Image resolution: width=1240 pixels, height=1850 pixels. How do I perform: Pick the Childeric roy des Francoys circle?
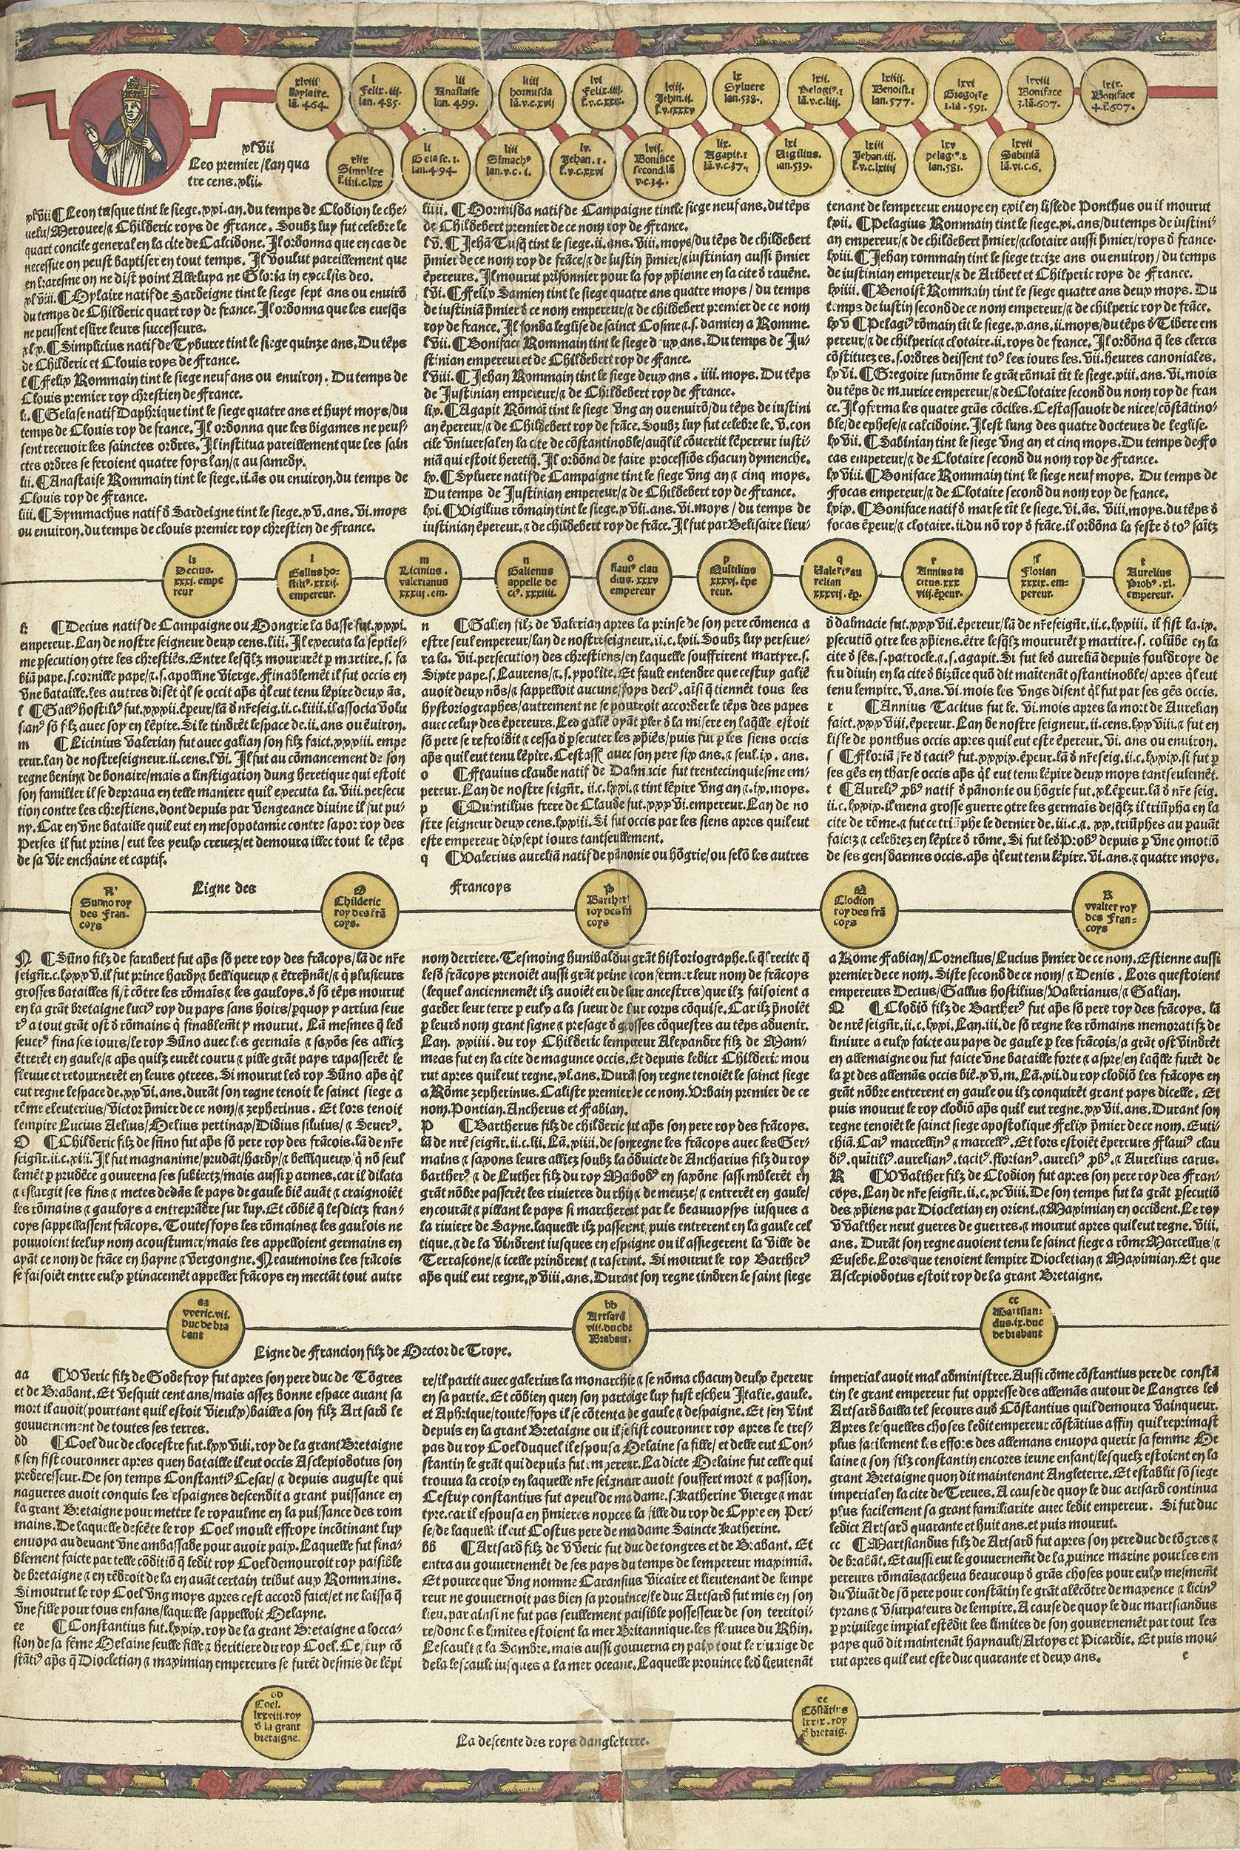(353, 909)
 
